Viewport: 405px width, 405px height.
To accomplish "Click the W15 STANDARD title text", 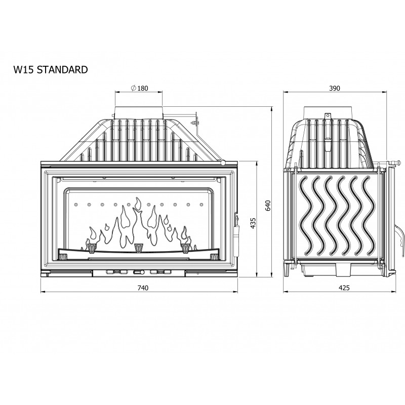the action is [51, 70].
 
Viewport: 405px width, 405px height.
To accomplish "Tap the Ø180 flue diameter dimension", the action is [140, 88].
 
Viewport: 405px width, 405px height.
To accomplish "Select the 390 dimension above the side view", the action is [335, 88].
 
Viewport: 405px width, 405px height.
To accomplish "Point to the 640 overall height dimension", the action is [268, 206].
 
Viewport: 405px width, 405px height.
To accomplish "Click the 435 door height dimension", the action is [253, 223].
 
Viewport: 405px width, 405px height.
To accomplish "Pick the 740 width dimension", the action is [143, 288].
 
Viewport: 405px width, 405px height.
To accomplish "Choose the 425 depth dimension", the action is [344, 288].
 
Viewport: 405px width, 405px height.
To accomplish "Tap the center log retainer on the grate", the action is [139, 248].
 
